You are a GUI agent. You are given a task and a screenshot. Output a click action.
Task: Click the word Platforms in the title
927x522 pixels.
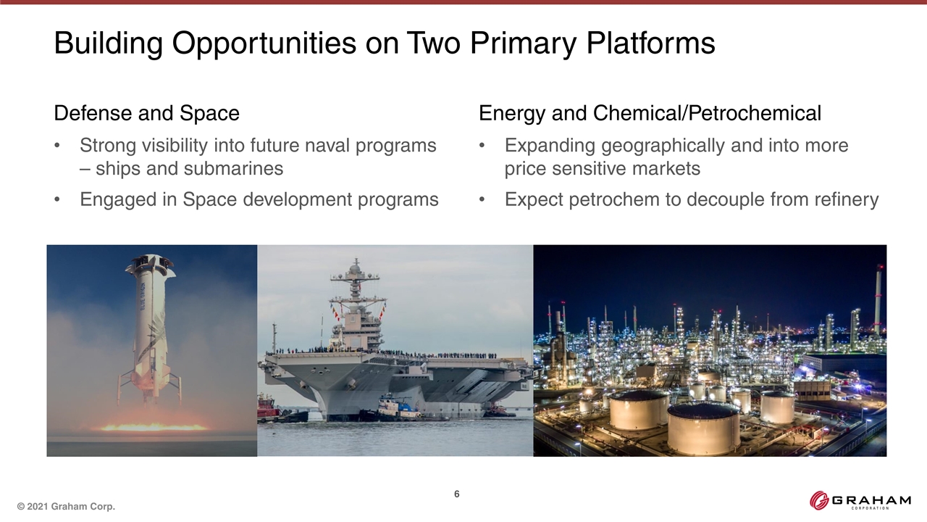(x=650, y=43)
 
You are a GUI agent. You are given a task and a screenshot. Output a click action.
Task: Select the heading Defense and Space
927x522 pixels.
(x=146, y=113)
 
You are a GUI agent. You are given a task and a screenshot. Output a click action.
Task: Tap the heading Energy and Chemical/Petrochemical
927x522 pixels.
(x=650, y=114)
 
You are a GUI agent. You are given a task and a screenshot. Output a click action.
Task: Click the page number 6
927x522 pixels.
(x=456, y=494)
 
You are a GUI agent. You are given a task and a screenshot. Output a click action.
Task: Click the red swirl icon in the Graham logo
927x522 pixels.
(x=818, y=500)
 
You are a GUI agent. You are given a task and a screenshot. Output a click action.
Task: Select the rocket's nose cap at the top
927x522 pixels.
(x=150, y=261)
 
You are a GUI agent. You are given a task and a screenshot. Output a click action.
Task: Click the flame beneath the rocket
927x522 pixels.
(x=153, y=426)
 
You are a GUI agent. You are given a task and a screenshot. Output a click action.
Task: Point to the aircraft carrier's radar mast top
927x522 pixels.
(x=356, y=265)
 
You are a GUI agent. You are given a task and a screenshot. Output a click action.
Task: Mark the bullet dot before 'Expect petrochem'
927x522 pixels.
(x=482, y=199)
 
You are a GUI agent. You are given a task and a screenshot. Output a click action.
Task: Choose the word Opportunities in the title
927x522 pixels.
(x=264, y=43)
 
